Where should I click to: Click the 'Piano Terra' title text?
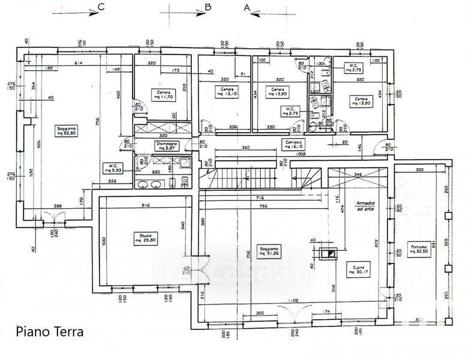(x=50, y=331)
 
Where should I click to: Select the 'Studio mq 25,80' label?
(x=146, y=238)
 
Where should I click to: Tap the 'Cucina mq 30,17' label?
(x=362, y=268)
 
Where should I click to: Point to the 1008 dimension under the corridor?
(x=299, y=154)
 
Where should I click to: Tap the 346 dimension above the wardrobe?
(x=358, y=173)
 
